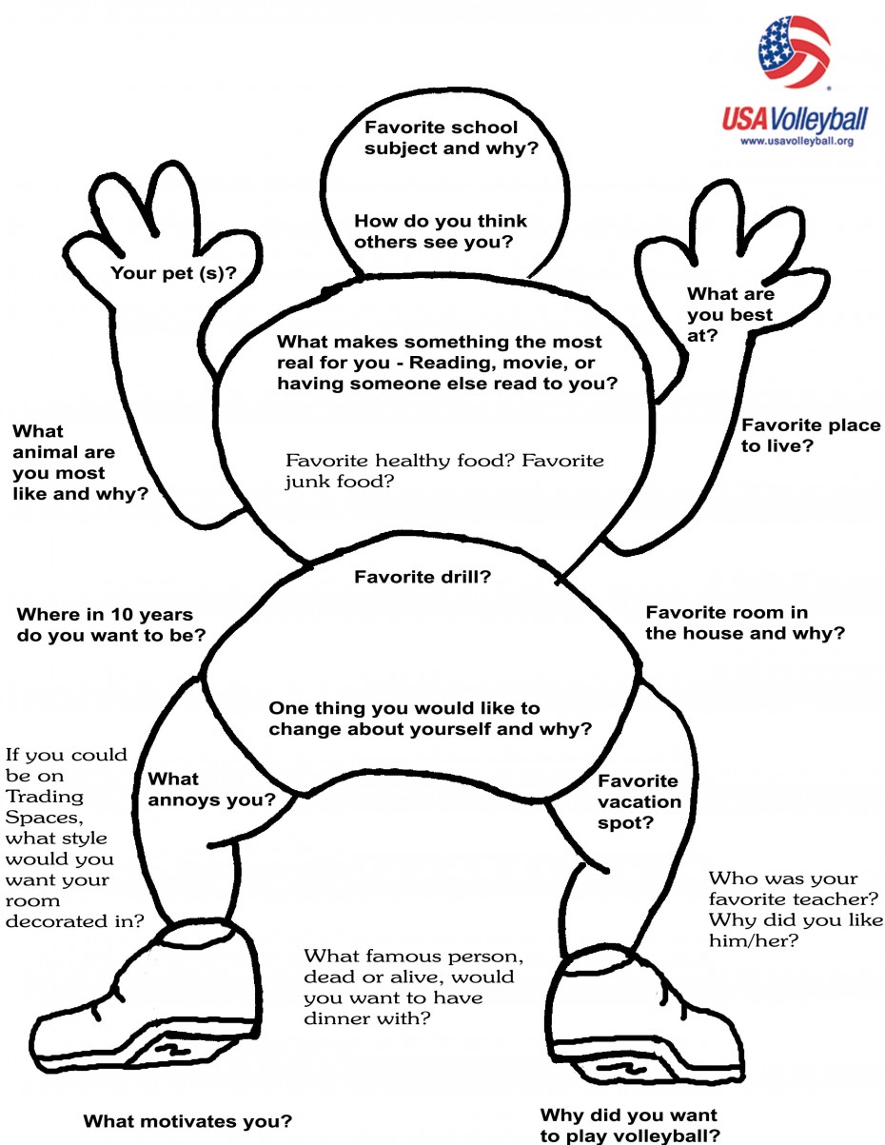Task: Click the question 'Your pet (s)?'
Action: coord(174,274)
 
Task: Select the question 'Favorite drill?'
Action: coord(423,577)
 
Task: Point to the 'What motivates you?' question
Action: coord(187,1121)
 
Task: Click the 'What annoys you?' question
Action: coord(211,790)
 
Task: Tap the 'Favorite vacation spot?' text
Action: coord(639,801)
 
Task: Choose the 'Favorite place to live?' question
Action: coord(811,435)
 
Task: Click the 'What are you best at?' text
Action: coord(730,315)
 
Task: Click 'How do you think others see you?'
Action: coord(440,231)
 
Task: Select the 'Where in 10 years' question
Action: coord(110,624)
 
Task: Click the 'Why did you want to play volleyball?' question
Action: coord(629,1125)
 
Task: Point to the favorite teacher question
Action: coord(796,909)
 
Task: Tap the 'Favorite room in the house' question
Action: coord(744,622)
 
